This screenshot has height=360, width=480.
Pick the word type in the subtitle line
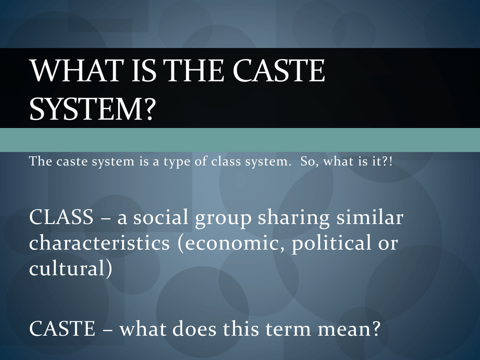pyautogui.click(x=177, y=162)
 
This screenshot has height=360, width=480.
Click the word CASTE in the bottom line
pyautogui.click(x=62, y=329)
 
